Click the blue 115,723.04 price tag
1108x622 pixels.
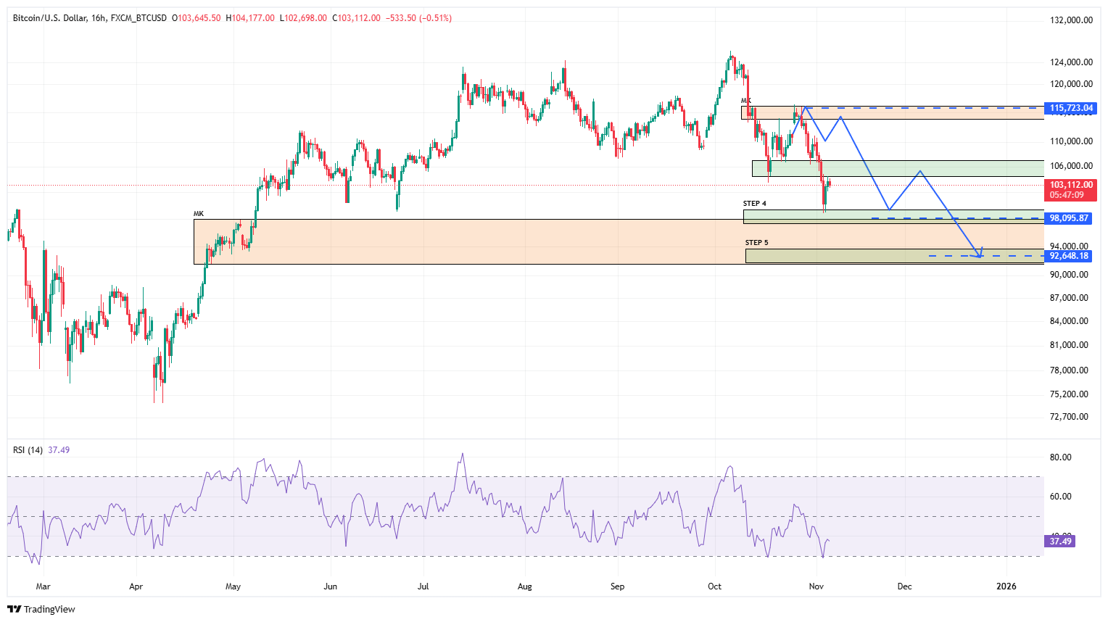[x=1071, y=108]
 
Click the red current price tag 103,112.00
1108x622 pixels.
[x=1071, y=186]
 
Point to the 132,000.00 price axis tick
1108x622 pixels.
[x=1071, y=20]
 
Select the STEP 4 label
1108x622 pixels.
[x=754, y=204]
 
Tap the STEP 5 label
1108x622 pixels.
[x=756, y=243]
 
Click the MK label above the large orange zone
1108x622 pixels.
[x=199, y=214]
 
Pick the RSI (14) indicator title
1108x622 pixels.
[x=28, y=450]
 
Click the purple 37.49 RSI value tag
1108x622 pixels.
[x=1060, y=542]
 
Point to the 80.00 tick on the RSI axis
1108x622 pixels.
[x=1060, y=457]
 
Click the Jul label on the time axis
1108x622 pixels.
[x=423, y=586]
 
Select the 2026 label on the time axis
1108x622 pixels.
[x=1006, y=586]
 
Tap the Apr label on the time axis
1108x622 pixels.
[x=136, y=586]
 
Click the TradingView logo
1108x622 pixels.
[x=41, y=609]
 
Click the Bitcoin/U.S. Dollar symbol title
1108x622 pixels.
[x=50, y=18]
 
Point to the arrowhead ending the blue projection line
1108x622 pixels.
[x=980, y=254]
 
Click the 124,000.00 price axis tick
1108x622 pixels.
[x=1071, y=62]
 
